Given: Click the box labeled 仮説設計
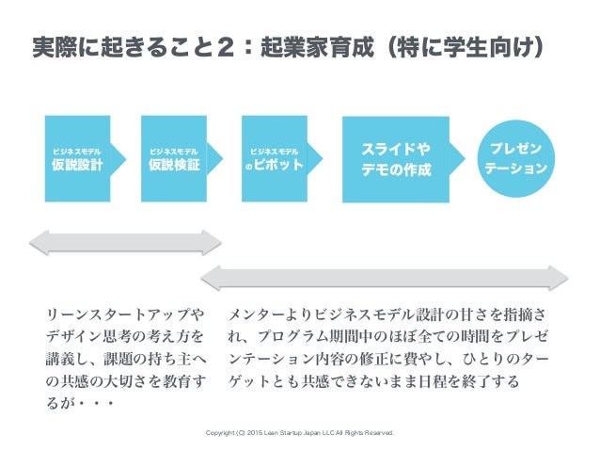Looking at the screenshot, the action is (x=77, y=158).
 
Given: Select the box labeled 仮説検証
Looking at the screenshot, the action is (x=174, y=158).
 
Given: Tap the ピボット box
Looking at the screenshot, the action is (x=274, y=158).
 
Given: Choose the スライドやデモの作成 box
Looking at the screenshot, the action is (x=396, y=159).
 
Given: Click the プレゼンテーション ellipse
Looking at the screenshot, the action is (x=514, y=159).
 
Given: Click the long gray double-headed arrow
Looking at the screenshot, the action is (x=387, y=277).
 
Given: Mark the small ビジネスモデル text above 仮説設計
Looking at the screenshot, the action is (x=77, y=150).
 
